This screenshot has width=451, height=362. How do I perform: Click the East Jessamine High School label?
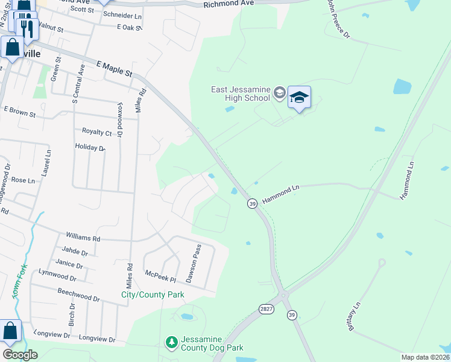pyautogui.click(x=240, y=94)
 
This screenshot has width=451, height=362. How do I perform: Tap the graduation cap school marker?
pyautogui.click(x=299, y=98)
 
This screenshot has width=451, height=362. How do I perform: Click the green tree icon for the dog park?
pyautogui.click(x=172, y=343)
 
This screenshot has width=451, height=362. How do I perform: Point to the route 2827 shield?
pyautogui.click(x=266, y=308)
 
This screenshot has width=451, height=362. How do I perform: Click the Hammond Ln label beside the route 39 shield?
pyautogui.click(x=280, y=194)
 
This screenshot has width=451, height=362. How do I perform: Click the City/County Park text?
pyautogui.click(x=153, y=294)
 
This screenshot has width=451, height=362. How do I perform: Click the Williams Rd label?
pyautogui.click(x=83, y=238)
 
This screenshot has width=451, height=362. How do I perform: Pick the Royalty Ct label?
pyautogui.click(x=97, y=132)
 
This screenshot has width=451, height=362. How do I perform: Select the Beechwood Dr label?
pyautogui.click(x=78, y=298)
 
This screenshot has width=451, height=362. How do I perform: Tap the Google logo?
pyautogui.click(x=20, y=355)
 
